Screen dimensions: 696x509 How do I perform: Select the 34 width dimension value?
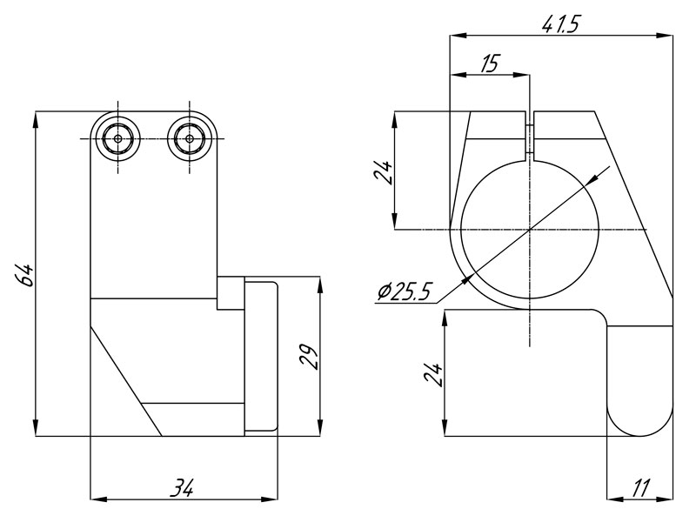pyautogui.click(x=183, y=487)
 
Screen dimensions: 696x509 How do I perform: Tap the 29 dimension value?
pyautogui.click(x=309, y=358)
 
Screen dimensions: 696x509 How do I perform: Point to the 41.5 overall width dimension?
pyautogui.click(x=560, y=25)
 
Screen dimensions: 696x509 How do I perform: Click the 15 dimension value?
pyautogui.click(x=490, y=64)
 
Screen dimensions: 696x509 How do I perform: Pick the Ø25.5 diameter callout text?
pyautogui.click(x=405, y=291)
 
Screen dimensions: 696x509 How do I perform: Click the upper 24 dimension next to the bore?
pyautogui.click(x=384, y=172)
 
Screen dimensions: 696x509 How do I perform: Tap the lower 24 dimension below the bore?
pyautogui.click(x=433, y=375)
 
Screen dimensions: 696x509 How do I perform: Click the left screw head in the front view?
pyautogui.click(x=117, y=138)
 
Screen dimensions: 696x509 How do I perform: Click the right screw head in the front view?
pyautogui.click(x=190, y=138)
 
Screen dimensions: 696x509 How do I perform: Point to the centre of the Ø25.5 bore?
pyautogui.click(x=530, y=230)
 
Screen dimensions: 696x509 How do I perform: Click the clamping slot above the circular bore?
pyautogui.click(x=530, y=136)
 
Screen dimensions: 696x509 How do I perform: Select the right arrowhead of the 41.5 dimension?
pyautogui.click(x=665, y=35)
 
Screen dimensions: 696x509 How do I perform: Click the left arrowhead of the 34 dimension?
pyautogui.click(x=98, y=499)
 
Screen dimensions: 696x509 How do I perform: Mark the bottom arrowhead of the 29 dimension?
pyautogui.click(x=320, y=429)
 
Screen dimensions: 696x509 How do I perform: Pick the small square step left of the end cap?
pyautogui.click(x=231, y=293)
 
